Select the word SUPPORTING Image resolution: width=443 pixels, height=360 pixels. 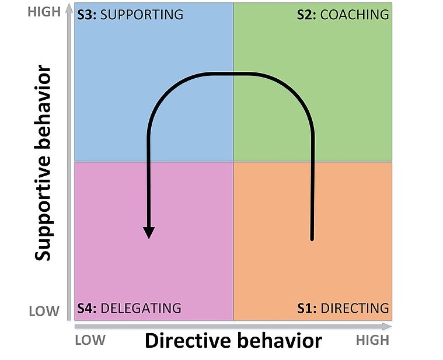[142, 15]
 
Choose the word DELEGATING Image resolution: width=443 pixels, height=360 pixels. [141, 308]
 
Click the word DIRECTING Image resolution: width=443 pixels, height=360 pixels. [355, 308]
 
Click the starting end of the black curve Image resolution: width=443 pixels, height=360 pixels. [312, 238]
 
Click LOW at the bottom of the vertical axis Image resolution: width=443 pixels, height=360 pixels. [44, 310]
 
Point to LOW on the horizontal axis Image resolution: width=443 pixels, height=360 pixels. [90, 340]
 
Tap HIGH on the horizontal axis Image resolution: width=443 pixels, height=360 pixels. [372, 340]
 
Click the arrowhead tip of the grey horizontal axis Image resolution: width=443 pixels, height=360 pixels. [391, 326]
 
